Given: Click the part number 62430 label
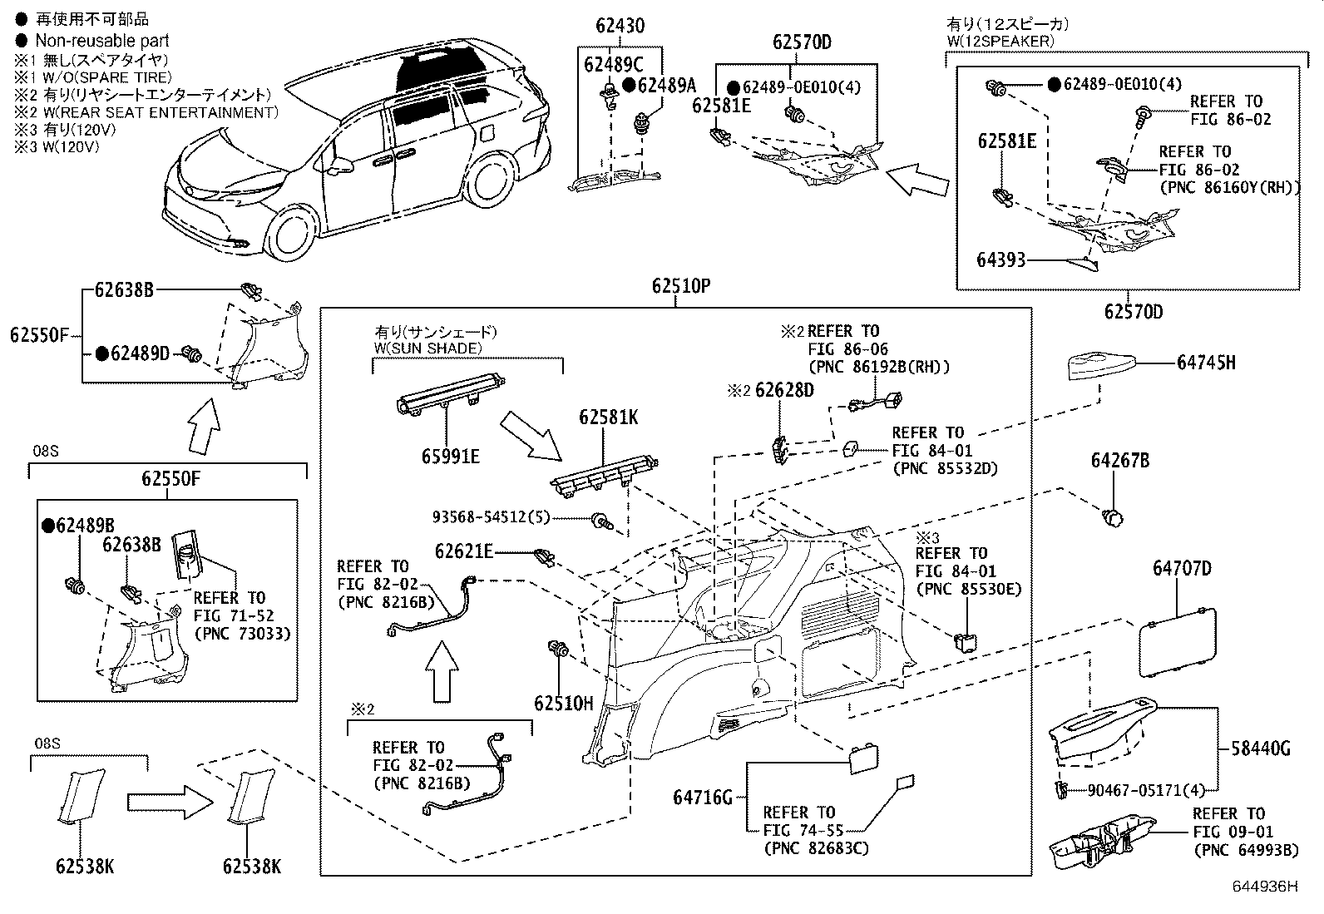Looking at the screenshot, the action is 620,26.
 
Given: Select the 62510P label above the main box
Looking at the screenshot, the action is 681,286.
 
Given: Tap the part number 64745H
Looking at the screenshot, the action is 1206,363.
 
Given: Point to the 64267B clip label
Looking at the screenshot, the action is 1120,461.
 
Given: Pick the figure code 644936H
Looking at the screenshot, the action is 1265,887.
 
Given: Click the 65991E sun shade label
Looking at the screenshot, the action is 451,457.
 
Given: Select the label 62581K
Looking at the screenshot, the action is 608,418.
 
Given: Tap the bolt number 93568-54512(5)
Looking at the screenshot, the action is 492,517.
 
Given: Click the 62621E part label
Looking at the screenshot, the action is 464,551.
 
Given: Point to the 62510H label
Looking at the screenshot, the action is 563,704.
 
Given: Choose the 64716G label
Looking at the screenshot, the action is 703,798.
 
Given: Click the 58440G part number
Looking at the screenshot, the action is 1260,749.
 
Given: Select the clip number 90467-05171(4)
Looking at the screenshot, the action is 1145,790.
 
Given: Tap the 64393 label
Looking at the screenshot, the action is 1001,260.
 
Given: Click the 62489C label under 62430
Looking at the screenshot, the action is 614,64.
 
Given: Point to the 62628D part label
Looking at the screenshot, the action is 784,390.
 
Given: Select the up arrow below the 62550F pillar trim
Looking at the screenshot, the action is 204,427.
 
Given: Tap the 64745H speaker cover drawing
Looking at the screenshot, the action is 1101,367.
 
